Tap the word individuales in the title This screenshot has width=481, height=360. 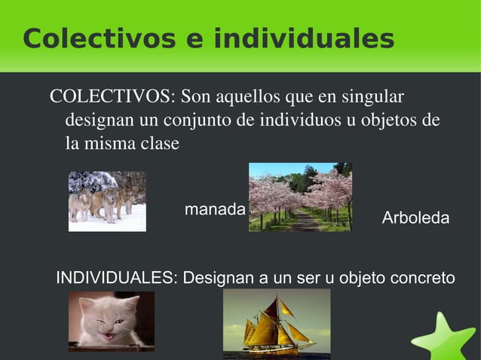(x=304, y=38)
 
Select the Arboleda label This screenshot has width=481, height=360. (x=415, y=218)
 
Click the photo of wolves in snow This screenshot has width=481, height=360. (x=107, y=201)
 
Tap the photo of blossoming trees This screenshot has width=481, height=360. (x=300, y=197)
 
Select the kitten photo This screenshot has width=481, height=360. (x=112, y=321)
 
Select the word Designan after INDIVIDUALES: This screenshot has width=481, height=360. (x=219, y=278)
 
